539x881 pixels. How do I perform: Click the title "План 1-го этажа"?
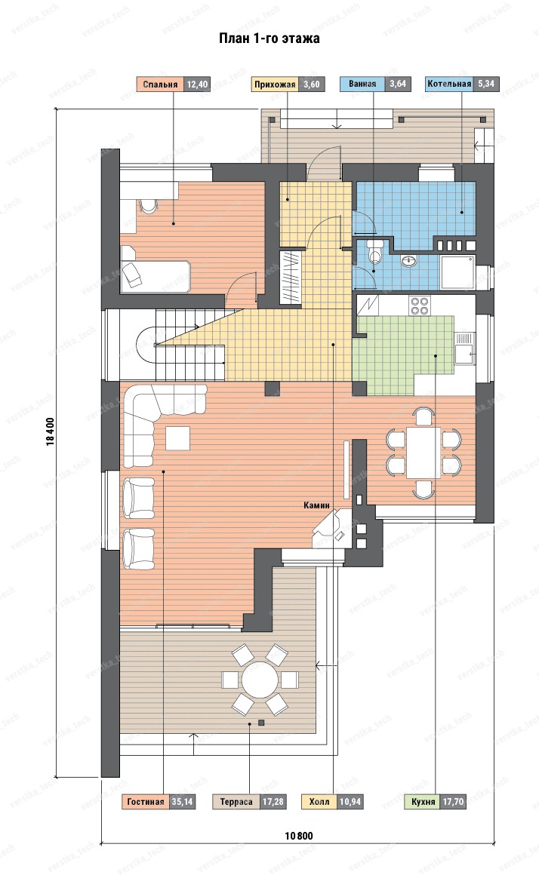tap(269, 38)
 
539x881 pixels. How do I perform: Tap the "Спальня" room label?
tap(160, 84)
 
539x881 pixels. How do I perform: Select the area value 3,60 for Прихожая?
tap(311, 84)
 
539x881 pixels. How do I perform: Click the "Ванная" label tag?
tap(362, 84)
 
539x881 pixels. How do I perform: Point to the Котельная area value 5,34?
tap(486, 84)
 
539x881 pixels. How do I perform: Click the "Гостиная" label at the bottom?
tap(146, 802)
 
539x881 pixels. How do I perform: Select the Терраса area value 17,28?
tap(273, 802)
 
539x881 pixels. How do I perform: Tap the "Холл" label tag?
tap(319, 802)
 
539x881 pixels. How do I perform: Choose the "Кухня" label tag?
tap(423, 802)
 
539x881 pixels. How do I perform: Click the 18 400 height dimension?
tap(51, 431)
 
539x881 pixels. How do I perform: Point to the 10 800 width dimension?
tap(298, 836)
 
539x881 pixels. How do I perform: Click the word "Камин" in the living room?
tap(316, 505)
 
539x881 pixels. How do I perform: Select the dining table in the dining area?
tap(423, 452)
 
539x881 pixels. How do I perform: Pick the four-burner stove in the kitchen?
tap(419, 305)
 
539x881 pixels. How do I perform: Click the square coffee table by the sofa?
tap(177, 437)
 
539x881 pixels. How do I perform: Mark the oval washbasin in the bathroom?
tap(409, 260)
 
